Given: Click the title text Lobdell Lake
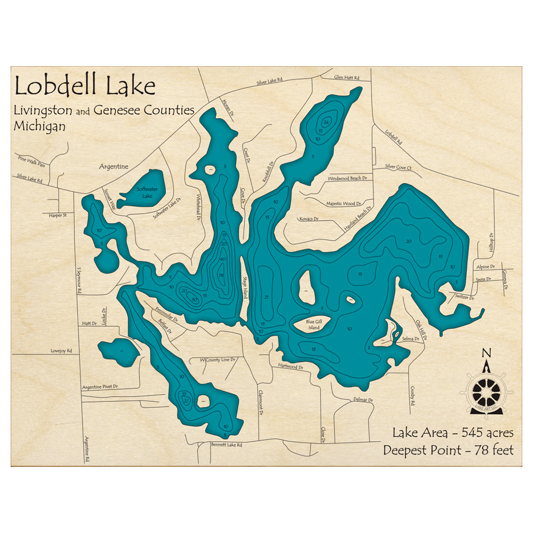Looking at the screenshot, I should (x=85, y=86).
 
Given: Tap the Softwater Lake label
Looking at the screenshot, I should (x=144, y=192).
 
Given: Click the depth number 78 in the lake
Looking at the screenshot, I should (x=221, y=275).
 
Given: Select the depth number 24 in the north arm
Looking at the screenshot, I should (x=326, y=123).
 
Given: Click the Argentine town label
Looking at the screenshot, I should (x=114, y=166).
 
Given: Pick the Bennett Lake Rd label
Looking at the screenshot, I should (x=227, y=444).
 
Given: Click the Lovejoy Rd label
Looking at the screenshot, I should (x=61, y=351).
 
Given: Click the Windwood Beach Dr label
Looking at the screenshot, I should (x=348, y=179).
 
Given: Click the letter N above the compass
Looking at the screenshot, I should (x=486, y=352).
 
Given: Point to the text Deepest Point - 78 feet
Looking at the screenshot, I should (x=448, y=450).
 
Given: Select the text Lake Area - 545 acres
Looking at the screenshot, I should (x=453, y=432).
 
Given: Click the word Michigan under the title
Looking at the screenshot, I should (x=40, y=127).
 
